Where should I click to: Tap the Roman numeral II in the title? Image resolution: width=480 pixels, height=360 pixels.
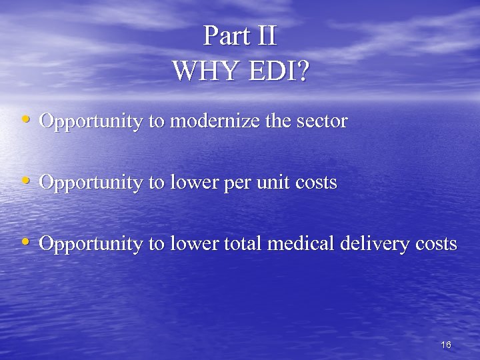pos(265,36)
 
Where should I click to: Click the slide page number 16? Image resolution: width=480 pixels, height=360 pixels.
pos(446,345)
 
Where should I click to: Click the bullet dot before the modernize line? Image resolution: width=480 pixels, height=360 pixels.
pos(25,119)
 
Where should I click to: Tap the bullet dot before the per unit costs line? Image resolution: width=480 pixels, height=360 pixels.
pos(25,180)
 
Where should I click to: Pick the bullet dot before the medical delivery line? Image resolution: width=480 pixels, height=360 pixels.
pos(25,242)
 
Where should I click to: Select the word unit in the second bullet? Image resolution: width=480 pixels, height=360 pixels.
pos(279,182)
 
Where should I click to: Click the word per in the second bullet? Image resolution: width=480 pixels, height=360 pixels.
pos(246,183)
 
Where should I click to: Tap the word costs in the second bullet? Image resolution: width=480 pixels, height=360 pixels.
pos(316,182)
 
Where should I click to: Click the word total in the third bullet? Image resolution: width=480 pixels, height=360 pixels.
pos(243,244)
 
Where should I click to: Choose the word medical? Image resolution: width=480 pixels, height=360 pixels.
pos(298,244)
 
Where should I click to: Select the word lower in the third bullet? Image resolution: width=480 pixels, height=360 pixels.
pos(196,244)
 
